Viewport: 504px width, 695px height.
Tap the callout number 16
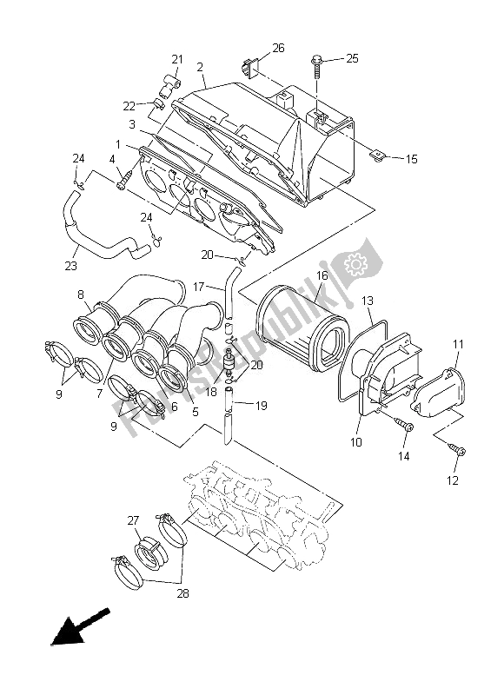[x=321, y=275]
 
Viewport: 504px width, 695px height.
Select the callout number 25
[x=352, y=58]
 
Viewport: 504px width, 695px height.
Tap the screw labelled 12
[x=458, y=448]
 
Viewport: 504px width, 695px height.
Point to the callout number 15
[x=411, y=159]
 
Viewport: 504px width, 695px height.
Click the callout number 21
[x=177, y=59]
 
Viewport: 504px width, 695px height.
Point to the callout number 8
[x=80, y=294]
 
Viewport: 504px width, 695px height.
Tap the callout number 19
[x=261, y=404]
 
